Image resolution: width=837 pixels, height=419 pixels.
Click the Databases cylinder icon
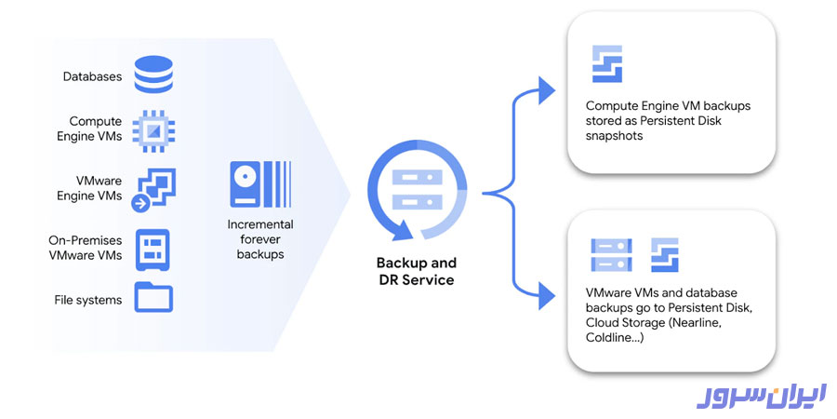[x=154, y=75]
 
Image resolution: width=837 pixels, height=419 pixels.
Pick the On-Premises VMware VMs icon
[x=154, y=248]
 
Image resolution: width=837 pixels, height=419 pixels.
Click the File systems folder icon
[x=154, y=298]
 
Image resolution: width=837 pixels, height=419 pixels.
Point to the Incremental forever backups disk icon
[x=260, y=183]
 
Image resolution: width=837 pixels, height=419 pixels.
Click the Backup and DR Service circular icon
[x=416, y=193]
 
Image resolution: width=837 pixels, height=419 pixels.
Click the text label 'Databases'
[x=92, y=76]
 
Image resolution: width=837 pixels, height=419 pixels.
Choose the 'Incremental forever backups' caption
[x=260, y=239]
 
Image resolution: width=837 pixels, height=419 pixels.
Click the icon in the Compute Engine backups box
[x=607, y=63]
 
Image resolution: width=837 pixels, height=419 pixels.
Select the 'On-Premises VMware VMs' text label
[x=85, y=248]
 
